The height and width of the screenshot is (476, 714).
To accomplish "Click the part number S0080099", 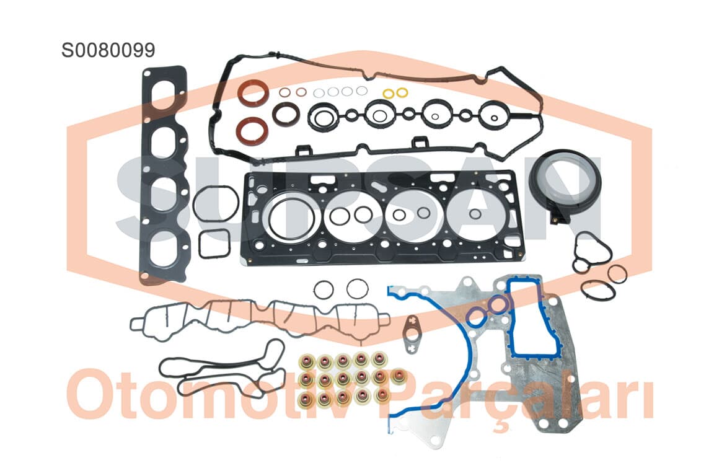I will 108,50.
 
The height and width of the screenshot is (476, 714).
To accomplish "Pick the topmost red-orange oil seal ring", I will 253,93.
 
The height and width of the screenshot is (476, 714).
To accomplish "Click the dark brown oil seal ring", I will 286,113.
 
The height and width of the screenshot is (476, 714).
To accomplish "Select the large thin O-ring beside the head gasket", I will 215,205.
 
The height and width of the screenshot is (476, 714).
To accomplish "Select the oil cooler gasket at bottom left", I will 223,369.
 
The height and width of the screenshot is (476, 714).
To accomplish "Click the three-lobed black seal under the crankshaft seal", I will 590,251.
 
